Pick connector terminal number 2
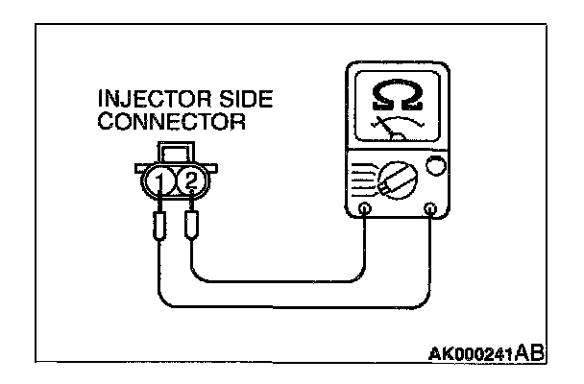[191, 180]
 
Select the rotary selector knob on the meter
[391, 179]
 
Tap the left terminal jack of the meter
[365, 209]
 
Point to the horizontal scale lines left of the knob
[357, 177]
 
